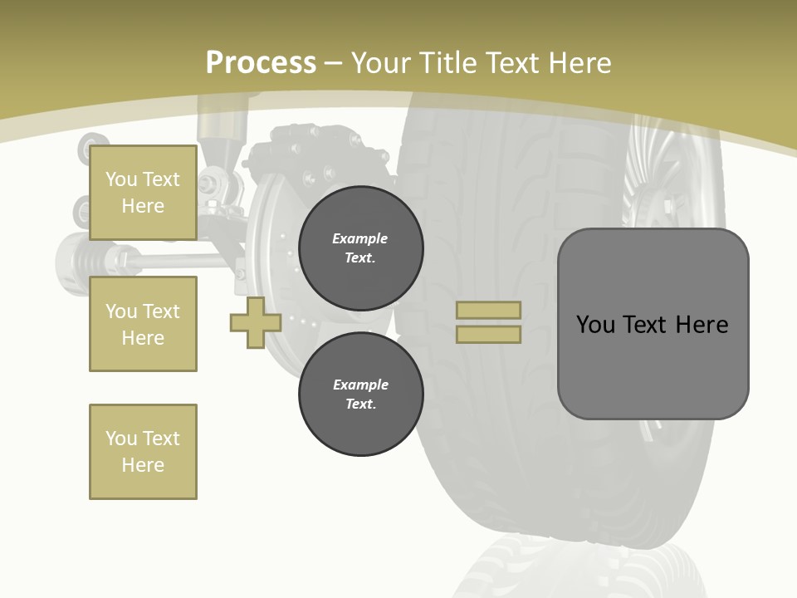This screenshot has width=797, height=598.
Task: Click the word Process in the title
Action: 261,63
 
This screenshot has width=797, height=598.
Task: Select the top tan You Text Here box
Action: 143,193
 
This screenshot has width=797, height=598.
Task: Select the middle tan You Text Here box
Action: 143,324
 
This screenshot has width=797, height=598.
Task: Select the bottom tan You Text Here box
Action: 143,452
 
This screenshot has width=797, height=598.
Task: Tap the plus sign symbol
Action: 256,322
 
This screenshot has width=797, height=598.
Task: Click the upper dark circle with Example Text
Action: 360,248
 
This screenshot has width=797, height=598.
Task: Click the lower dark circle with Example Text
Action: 360,395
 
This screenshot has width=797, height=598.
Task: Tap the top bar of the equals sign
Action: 488,310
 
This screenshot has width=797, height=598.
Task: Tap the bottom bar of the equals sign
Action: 488,335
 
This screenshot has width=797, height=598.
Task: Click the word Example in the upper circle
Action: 359,238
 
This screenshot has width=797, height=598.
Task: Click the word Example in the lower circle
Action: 360,385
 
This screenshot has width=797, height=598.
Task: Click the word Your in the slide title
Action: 381,63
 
